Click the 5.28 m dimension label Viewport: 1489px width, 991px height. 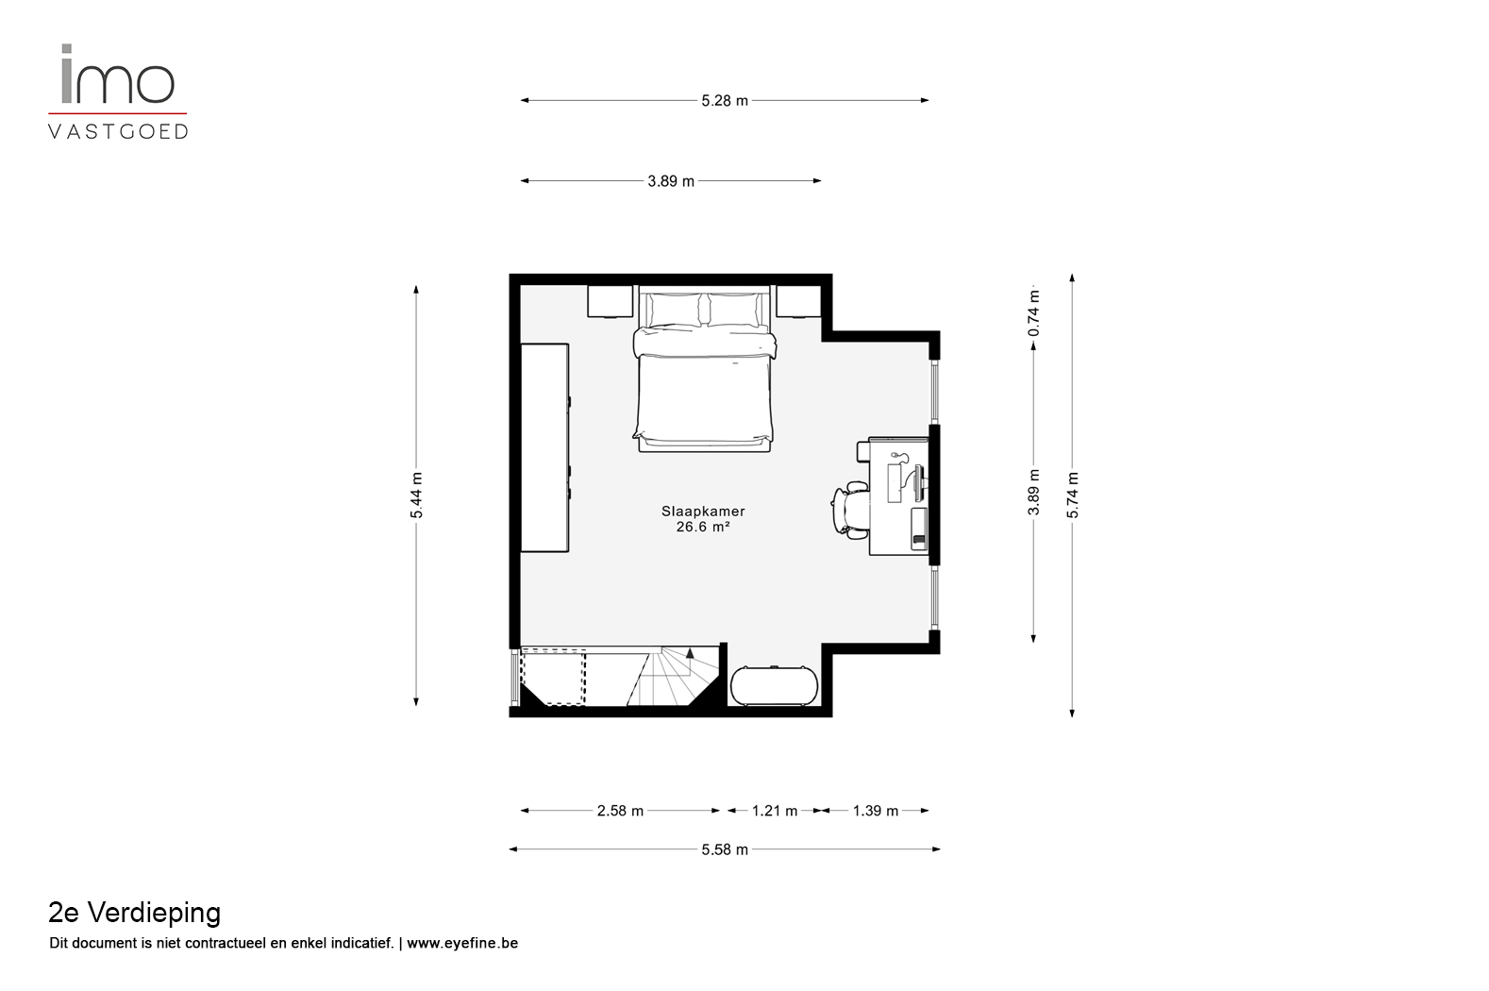(725, 100)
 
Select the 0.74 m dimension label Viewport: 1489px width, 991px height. (1033, 312)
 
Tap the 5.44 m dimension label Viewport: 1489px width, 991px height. (416, 495)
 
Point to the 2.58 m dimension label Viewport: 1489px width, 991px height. (620, 811)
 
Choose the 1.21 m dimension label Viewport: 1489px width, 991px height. (775, 811)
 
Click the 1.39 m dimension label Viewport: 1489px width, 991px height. (876, 811)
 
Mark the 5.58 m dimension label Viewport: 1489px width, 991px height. (725, 849)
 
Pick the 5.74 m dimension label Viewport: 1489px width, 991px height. (1072, 495)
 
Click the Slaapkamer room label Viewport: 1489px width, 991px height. (703, 512)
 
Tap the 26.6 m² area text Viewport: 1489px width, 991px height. (703, 527)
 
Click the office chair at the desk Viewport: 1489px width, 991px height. (851, 510)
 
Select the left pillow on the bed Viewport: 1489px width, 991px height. (674, 310)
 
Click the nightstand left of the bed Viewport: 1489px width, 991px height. (610, 302)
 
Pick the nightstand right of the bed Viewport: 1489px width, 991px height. (798, 302)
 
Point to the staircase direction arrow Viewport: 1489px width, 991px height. (690, 654)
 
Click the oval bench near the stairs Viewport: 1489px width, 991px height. (775, 686)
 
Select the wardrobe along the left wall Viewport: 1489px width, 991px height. (544, 447)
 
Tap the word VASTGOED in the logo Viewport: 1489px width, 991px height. (118, 132)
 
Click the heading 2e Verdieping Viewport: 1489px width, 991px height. (134, 913)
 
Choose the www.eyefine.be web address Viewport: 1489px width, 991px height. (462, 943)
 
